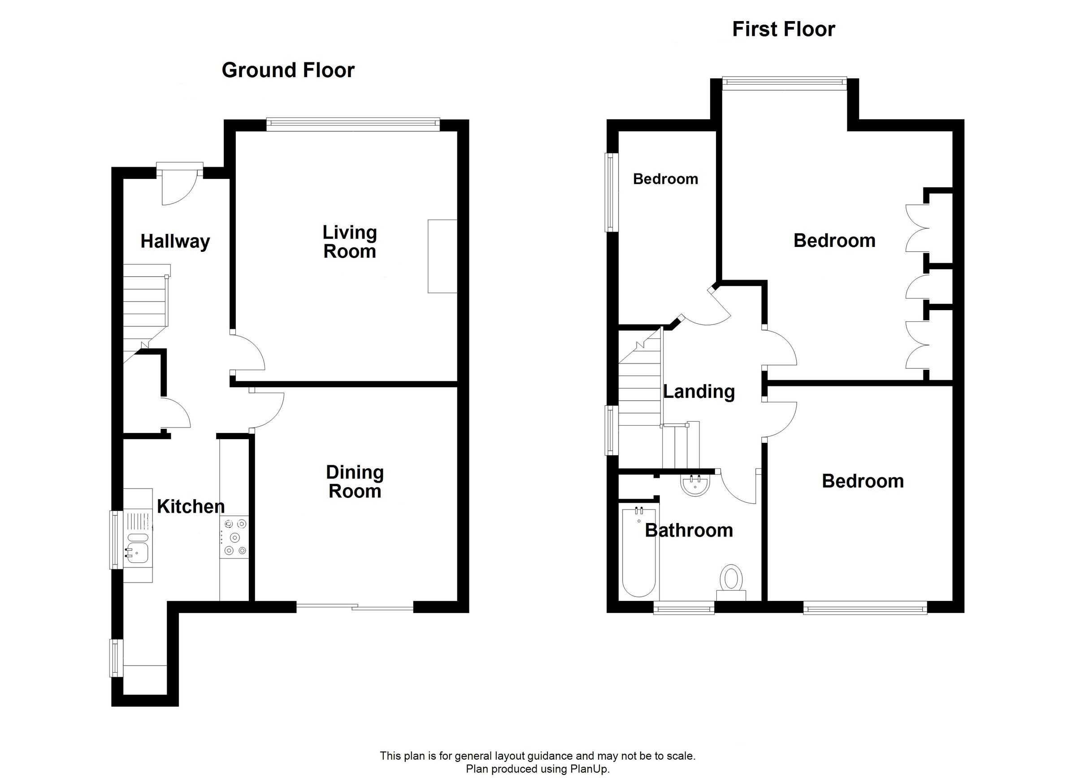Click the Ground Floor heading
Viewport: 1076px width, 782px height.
click(288, 70)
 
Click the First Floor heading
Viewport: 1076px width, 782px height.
click(783, 29)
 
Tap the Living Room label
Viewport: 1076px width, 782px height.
click(350, 242)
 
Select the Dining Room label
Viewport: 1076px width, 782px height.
click(355, 482)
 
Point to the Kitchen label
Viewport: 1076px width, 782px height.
click(191, 506)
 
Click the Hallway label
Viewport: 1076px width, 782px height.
click(175, 242)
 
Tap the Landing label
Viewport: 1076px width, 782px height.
click(699, 392)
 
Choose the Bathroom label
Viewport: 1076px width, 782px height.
click(689, 530)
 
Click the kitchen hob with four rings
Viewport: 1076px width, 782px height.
click(234, 537)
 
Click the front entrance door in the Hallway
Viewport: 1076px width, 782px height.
click(179, 186)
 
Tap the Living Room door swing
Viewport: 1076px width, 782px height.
click(247, 352)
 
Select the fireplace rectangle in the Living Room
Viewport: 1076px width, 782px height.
click(442, 256)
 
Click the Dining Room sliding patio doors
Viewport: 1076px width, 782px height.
click(355, 606)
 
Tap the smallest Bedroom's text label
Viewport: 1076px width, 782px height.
click(666, 179)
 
